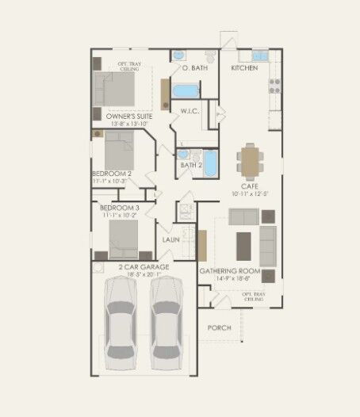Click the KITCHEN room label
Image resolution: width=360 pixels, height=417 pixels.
coord(244,69)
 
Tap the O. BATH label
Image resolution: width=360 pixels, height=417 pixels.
coord(194,69)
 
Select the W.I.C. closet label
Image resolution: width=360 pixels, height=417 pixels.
coord(189,111)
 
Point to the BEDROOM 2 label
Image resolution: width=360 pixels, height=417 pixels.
coord(112,173)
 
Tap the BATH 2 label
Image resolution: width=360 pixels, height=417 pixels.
coord(191,165)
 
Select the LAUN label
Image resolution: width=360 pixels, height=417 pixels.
coord(171,239)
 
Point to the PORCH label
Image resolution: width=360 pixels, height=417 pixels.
coord(219,327)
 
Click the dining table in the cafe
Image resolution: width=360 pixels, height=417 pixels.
coord(251,161)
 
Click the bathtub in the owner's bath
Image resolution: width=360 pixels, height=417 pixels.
coord(187,90)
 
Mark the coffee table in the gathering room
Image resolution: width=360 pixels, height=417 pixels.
coord(243,240)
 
